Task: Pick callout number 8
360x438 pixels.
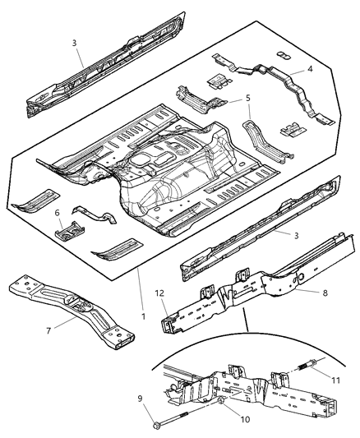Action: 303,291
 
